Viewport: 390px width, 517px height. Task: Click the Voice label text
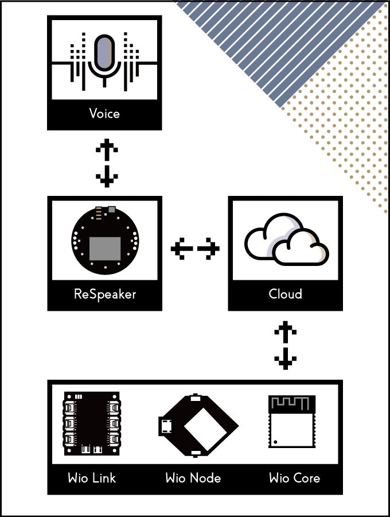coord(104,113)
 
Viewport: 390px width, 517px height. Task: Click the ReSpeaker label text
coord(104,294)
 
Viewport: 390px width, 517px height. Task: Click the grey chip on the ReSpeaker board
coord(104,248)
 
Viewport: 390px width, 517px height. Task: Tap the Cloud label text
coord(285,294)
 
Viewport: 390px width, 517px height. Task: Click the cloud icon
coord(287,240)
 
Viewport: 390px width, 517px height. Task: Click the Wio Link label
coord(92,478)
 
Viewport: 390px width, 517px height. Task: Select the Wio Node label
coord(193,478)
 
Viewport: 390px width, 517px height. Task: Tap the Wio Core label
coord(294,478)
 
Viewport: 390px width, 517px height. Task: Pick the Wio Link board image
coord(92,424)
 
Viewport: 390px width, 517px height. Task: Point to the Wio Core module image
coord(292,422)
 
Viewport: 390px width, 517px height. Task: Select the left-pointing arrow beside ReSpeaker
coord(181,249)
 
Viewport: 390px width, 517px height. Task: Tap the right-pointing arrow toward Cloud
coord(209,249)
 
